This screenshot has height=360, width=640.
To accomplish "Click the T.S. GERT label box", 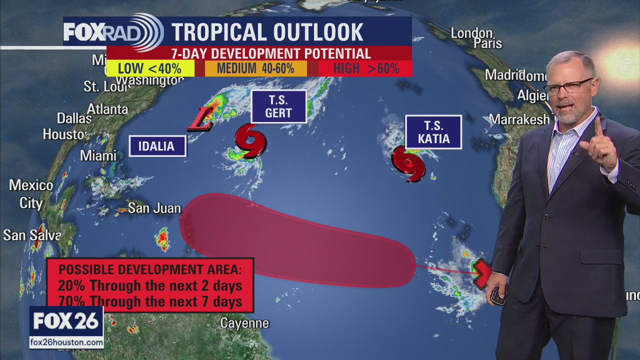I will point(278,106).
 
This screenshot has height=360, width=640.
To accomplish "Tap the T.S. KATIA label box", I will point(433,132).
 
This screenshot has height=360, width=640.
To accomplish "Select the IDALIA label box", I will point(157,146).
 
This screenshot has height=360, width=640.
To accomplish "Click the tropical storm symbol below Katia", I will point(408,163).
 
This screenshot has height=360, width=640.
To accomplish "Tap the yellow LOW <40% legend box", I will point(150,68).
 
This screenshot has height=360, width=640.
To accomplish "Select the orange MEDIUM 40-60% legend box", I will point(255,68).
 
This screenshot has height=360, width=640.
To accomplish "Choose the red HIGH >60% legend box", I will point(365,68).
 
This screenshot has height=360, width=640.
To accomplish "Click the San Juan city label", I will point(154,207).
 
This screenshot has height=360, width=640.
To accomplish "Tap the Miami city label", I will point(98,155).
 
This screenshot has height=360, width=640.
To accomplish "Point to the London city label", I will point(471,33).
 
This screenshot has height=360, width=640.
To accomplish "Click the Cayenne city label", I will point(244,323).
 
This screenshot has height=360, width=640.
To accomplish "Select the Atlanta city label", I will point(107,109).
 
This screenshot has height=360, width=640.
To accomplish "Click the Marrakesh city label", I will point(518,119).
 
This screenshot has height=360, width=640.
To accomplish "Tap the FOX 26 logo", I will point(66,321).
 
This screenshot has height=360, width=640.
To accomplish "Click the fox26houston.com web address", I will point(66,342).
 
